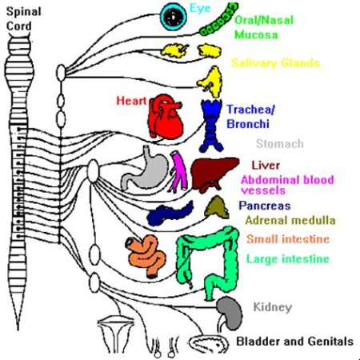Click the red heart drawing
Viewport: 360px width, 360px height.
pos(166,117)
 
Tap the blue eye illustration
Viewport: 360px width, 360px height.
pos(174,17)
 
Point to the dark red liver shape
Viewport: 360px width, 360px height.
pos(214,174)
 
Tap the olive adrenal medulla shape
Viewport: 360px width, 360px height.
pos(217,207)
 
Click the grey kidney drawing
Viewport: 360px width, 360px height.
pos(230,313)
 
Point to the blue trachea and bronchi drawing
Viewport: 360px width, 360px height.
pos(212,126)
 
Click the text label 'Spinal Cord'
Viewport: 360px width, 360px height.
pos(23,18)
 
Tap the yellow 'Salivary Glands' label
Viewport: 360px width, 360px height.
pos(275,63)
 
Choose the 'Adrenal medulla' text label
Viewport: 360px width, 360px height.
pos(290,220)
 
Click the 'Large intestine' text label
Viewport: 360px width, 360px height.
pos(287,259)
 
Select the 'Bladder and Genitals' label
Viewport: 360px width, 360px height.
pos(295,342)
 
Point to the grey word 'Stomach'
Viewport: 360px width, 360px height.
pos(280,144)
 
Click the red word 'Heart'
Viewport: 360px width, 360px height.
pos(131,101)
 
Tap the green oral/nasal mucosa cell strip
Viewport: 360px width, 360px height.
pos(218,19)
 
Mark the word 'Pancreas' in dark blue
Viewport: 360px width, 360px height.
pos(265,206)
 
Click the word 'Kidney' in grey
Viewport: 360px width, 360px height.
pos(273,307)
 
